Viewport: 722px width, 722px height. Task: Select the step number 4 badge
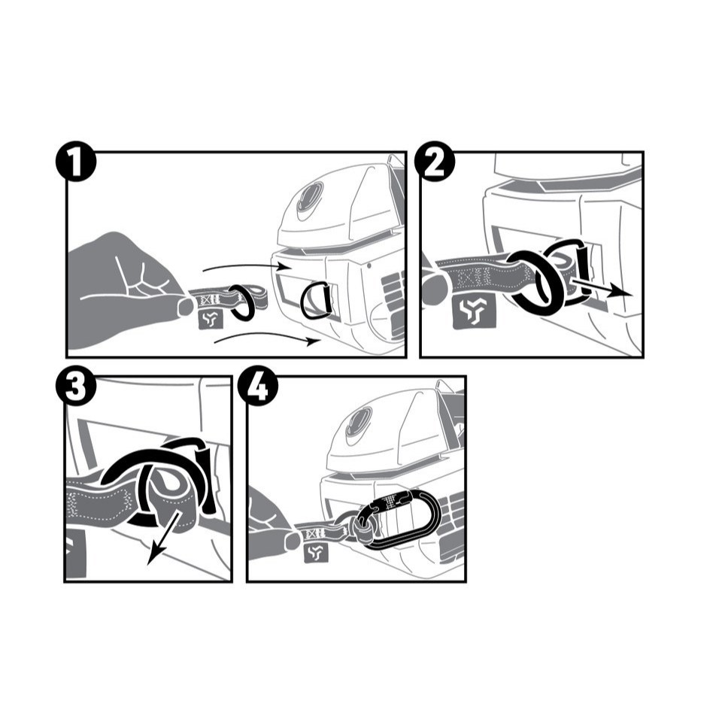258,385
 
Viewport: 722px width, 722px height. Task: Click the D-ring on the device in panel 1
315,302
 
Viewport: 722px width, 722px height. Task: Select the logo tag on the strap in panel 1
210,318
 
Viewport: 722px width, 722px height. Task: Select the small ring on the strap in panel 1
241,302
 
